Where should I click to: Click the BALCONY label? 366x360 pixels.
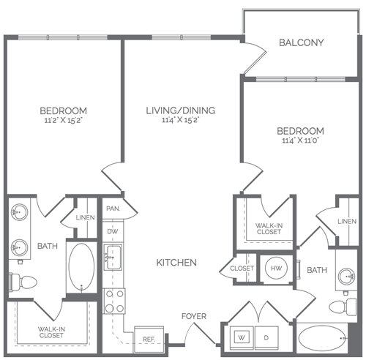[302, 42]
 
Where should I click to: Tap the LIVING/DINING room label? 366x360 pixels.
[181, 110]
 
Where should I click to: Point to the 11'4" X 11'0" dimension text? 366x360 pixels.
[301, 140]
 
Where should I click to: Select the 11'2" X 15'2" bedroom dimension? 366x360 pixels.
[63, 120]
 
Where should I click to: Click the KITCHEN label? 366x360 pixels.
[176, 263]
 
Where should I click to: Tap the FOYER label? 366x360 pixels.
[194, 316]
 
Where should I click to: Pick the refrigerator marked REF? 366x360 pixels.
[149, 340]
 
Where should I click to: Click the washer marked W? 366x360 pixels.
[242, 338]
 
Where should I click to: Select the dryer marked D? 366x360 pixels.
[266, 338]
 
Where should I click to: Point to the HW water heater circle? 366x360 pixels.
[276, 269]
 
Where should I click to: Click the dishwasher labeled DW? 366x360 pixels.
[113, 231]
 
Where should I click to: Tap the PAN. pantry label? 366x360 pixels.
[113, 209]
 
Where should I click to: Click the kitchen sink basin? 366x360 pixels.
[113, 258]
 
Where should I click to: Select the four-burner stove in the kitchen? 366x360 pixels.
[114, 301]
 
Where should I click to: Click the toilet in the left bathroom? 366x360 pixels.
[23, 282]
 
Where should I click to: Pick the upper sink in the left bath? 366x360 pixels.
[20, 212]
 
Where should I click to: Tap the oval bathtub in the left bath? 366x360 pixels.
[81, 266]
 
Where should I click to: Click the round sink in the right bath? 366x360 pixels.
[346, 276]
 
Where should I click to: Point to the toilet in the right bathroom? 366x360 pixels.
[343, 307]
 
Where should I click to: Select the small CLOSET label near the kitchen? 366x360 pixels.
[242, 269]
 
